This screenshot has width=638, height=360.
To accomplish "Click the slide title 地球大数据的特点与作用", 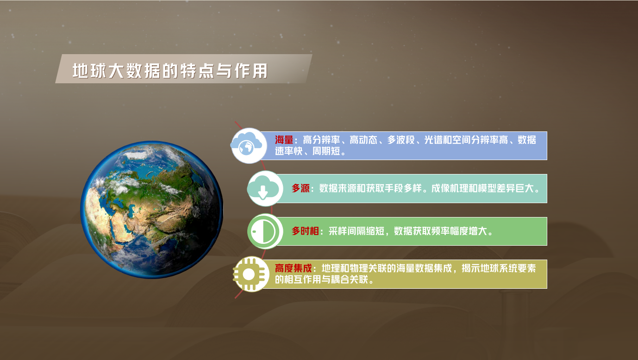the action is click(x=170, y=71).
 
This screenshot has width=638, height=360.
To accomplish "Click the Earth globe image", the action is click(x=152, y=210).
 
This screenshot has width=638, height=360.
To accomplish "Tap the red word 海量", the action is click(x=284, y=140).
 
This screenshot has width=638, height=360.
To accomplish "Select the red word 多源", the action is click(x=300, y=188).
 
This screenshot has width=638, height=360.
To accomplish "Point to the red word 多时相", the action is click(x=305, y=231).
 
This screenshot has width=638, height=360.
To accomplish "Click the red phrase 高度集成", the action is click(x=294, y=268).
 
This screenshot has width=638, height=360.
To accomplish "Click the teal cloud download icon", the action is click(x=265, y=188).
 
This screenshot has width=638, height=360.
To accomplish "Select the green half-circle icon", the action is click(x=265, y=231).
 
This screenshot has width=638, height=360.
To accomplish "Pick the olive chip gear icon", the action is click(x=250, y=274).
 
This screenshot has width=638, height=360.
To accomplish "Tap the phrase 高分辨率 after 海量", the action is click(x=321, y=140).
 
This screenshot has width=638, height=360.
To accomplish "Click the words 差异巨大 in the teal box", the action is click(x=515, y=188).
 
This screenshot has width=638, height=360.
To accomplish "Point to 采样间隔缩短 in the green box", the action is click(x=357, y=231).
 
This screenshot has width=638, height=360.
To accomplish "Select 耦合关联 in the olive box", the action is click(x=350, y=279).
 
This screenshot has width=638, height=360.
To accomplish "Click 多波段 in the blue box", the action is click(x=401, y=140).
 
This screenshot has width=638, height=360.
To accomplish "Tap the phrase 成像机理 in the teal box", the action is click(x=450, y=188).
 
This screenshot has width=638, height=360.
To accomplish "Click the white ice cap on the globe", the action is click(x=136, y=155).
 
